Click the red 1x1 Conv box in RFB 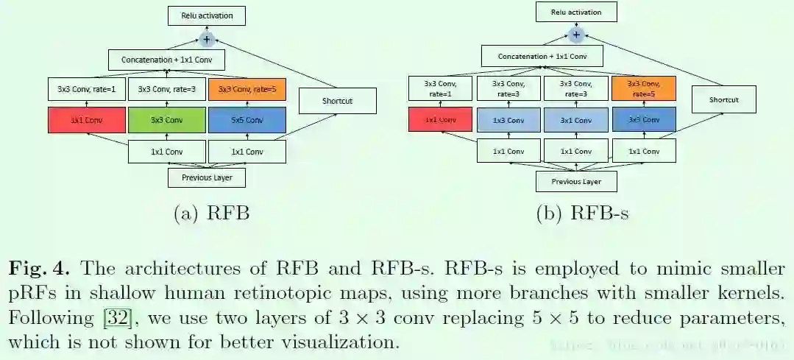tap(86, 120)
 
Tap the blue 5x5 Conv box tap(247, 120)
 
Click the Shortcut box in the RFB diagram tap(337, 101)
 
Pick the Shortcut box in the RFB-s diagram tap(723, 99)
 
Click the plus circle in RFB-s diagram tap(576, 35)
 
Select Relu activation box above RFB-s tap(576, 12)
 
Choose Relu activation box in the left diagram tap(206, 15)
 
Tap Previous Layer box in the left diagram tap(206, 177)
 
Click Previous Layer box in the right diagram tap(575, 181)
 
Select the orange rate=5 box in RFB tap(247, 89)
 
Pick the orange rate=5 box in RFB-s tap(643, 89)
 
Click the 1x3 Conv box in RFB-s tap(508, 119)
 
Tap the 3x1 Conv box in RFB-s tap(575, 119)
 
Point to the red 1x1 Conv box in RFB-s tap(440, 119)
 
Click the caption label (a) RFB tap(211, 214)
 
